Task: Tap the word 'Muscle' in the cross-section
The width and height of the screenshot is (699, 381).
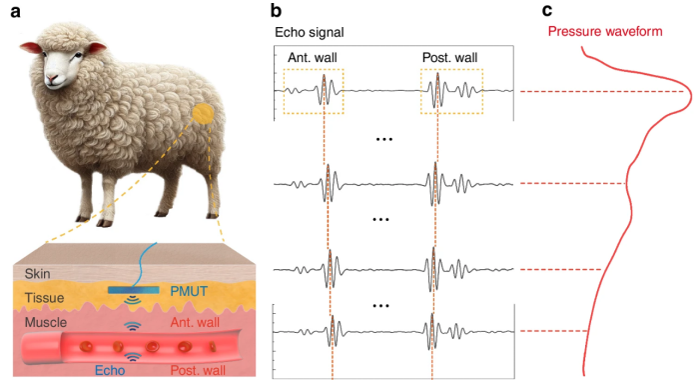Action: [43, 321]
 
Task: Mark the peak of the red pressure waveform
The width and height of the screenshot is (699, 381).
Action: [691, 93]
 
